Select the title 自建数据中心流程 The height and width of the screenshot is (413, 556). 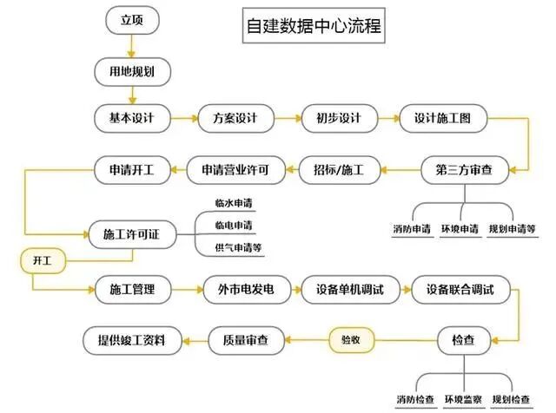coord(310,25)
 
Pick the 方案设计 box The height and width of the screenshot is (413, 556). coord(231,118)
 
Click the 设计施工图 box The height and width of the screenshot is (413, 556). coord(443,118)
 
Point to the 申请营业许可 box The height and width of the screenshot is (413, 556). coord(235,171)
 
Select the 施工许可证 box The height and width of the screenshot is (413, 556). coord(132,234)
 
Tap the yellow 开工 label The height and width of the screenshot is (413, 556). coord(41,259)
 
